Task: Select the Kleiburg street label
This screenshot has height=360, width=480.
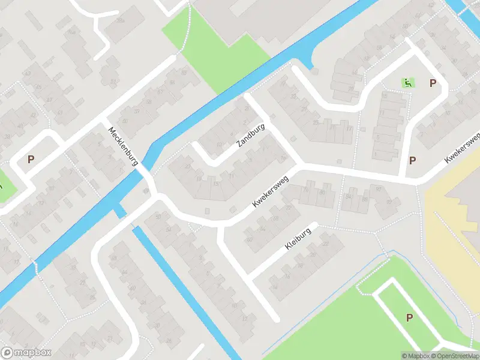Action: pyautogui.click(x=298, y=241)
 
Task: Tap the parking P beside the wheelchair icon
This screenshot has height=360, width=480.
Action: pyautogui.click(x=432, y=83)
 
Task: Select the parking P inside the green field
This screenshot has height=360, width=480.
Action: pyautogui.click(x=410, y=317)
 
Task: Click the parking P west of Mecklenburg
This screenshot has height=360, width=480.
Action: pyautogui.click(x=31, y=160)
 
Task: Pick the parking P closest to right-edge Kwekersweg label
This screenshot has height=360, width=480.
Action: pyautogui.click(x=412, y=160)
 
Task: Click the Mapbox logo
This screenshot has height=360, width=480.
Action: pyautogui.click(x=25, y=353)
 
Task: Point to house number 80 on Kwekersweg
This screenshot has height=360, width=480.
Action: pyautogui.click(x=322, y=193)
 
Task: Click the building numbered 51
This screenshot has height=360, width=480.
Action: pyautogui.click(x=112, y=82)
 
